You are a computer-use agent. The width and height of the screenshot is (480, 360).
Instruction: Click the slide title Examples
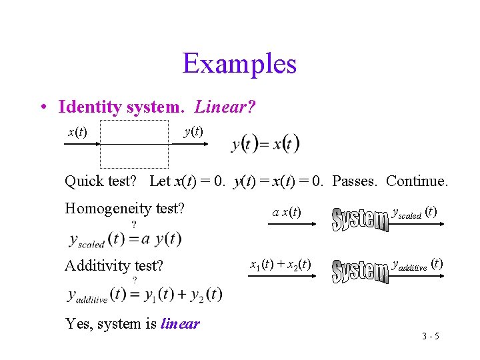239,64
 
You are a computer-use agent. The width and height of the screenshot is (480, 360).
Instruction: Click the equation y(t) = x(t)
265,144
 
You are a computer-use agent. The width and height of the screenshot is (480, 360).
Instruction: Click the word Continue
417,181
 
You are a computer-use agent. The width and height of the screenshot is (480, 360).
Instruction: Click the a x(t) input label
287,213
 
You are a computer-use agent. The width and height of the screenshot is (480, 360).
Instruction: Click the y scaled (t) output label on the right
413,213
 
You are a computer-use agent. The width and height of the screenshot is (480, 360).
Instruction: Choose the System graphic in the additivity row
360,270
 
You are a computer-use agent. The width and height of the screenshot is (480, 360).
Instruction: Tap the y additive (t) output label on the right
417,264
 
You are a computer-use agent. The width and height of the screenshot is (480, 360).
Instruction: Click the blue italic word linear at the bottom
180,324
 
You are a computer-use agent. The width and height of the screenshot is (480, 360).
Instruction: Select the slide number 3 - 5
430,336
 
